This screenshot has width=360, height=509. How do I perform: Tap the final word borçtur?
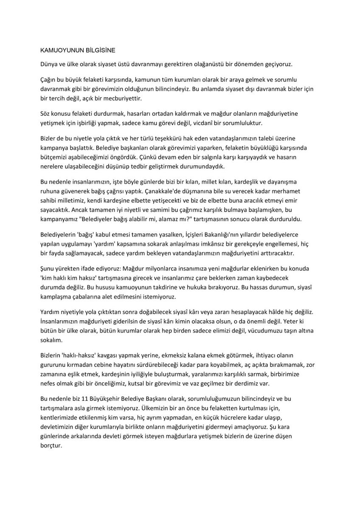[x=51, y=446]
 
